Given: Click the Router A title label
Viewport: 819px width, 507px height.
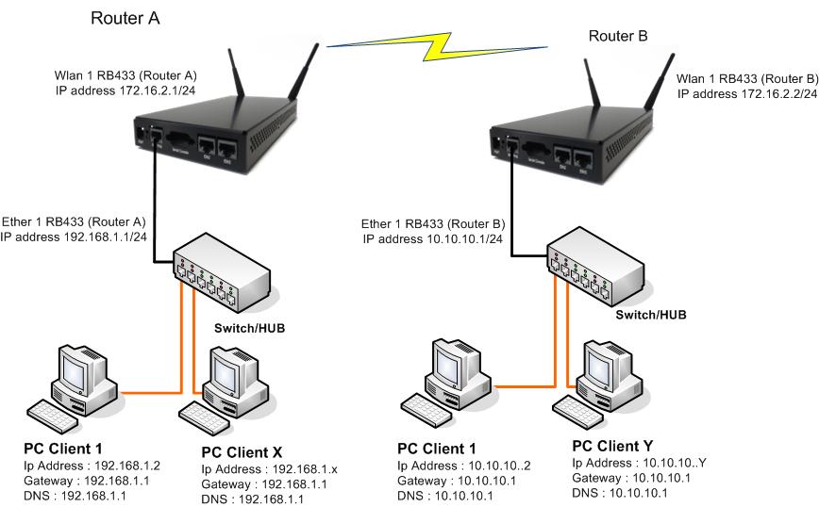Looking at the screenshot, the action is [x=125, y=18].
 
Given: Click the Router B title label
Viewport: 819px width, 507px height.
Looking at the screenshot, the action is [x=618, y=36].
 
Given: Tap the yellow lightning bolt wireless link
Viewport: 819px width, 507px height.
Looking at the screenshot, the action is [x=438, y=47].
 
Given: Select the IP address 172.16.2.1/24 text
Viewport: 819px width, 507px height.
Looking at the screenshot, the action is [x=125, y=90].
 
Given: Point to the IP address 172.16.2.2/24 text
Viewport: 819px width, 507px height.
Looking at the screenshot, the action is [x=747, y=94].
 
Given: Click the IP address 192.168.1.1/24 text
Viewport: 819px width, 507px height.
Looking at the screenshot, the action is [x=74, y=237].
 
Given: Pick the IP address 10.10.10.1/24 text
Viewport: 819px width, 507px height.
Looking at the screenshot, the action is [x=433, y=239].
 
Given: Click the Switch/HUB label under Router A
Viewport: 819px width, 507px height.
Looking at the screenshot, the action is [x=250, y=328].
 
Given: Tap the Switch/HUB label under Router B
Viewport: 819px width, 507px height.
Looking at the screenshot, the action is [x=651, y=315].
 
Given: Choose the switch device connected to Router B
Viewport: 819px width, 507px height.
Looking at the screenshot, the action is [x=596, y=266].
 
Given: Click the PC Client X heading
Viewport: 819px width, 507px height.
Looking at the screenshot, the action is [x=242, y=452].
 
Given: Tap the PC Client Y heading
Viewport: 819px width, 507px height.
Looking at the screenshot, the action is [x=612, y=446].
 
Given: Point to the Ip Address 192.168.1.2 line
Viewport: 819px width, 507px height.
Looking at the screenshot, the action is [x=92, y=466].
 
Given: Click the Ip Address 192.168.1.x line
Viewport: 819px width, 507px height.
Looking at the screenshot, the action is [x=270, y=469].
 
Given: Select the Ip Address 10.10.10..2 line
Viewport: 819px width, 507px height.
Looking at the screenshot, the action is [x=464, y=466].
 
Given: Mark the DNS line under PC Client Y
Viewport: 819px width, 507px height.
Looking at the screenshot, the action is [x=620, y=493].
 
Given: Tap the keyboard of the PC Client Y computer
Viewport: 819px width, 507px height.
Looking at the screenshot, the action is [x=577, y=412].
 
